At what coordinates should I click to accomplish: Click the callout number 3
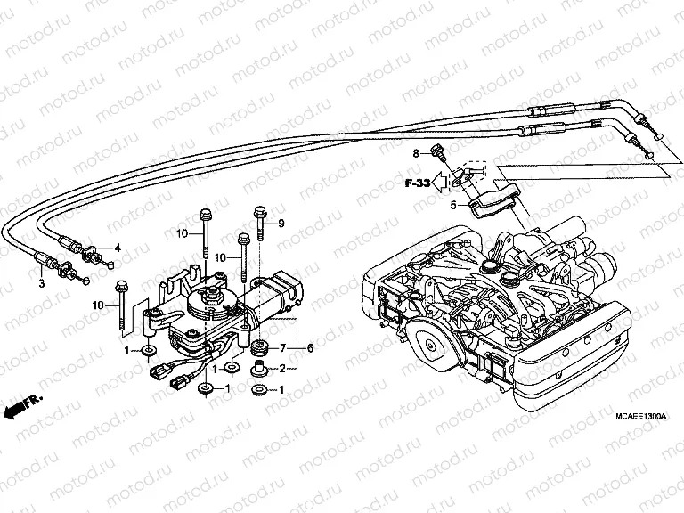point(41,284)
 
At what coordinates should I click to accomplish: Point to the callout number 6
point(311,347)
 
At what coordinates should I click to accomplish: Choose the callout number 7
point(283,346)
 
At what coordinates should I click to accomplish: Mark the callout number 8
point(414,154)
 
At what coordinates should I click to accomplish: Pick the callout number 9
point(281,223)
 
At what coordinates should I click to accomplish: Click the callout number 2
point(283,368)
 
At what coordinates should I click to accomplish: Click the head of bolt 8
point(437,151)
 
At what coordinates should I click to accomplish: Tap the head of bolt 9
point(259,212)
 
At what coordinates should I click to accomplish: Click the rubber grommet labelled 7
point(262,346)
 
